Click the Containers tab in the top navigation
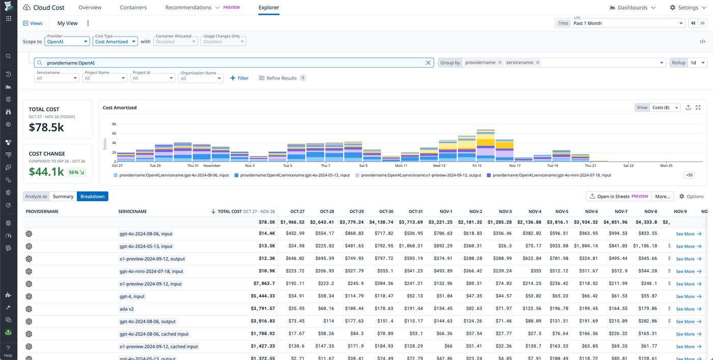pos(133,8)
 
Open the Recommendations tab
pos(188,8)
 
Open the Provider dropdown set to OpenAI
pos(67,42)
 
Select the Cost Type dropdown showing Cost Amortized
pos(115,42)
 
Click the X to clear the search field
pos(428,63)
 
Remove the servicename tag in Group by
pos(537,63)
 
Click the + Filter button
pos(239,78)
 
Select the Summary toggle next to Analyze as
pos(63,196)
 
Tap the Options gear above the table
pos(691,196)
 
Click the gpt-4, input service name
pos(132,296)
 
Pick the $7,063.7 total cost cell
pos(264,284)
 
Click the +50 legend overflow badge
pos(689,175)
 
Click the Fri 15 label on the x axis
pos(477,165)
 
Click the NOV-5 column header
pos(562,211)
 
